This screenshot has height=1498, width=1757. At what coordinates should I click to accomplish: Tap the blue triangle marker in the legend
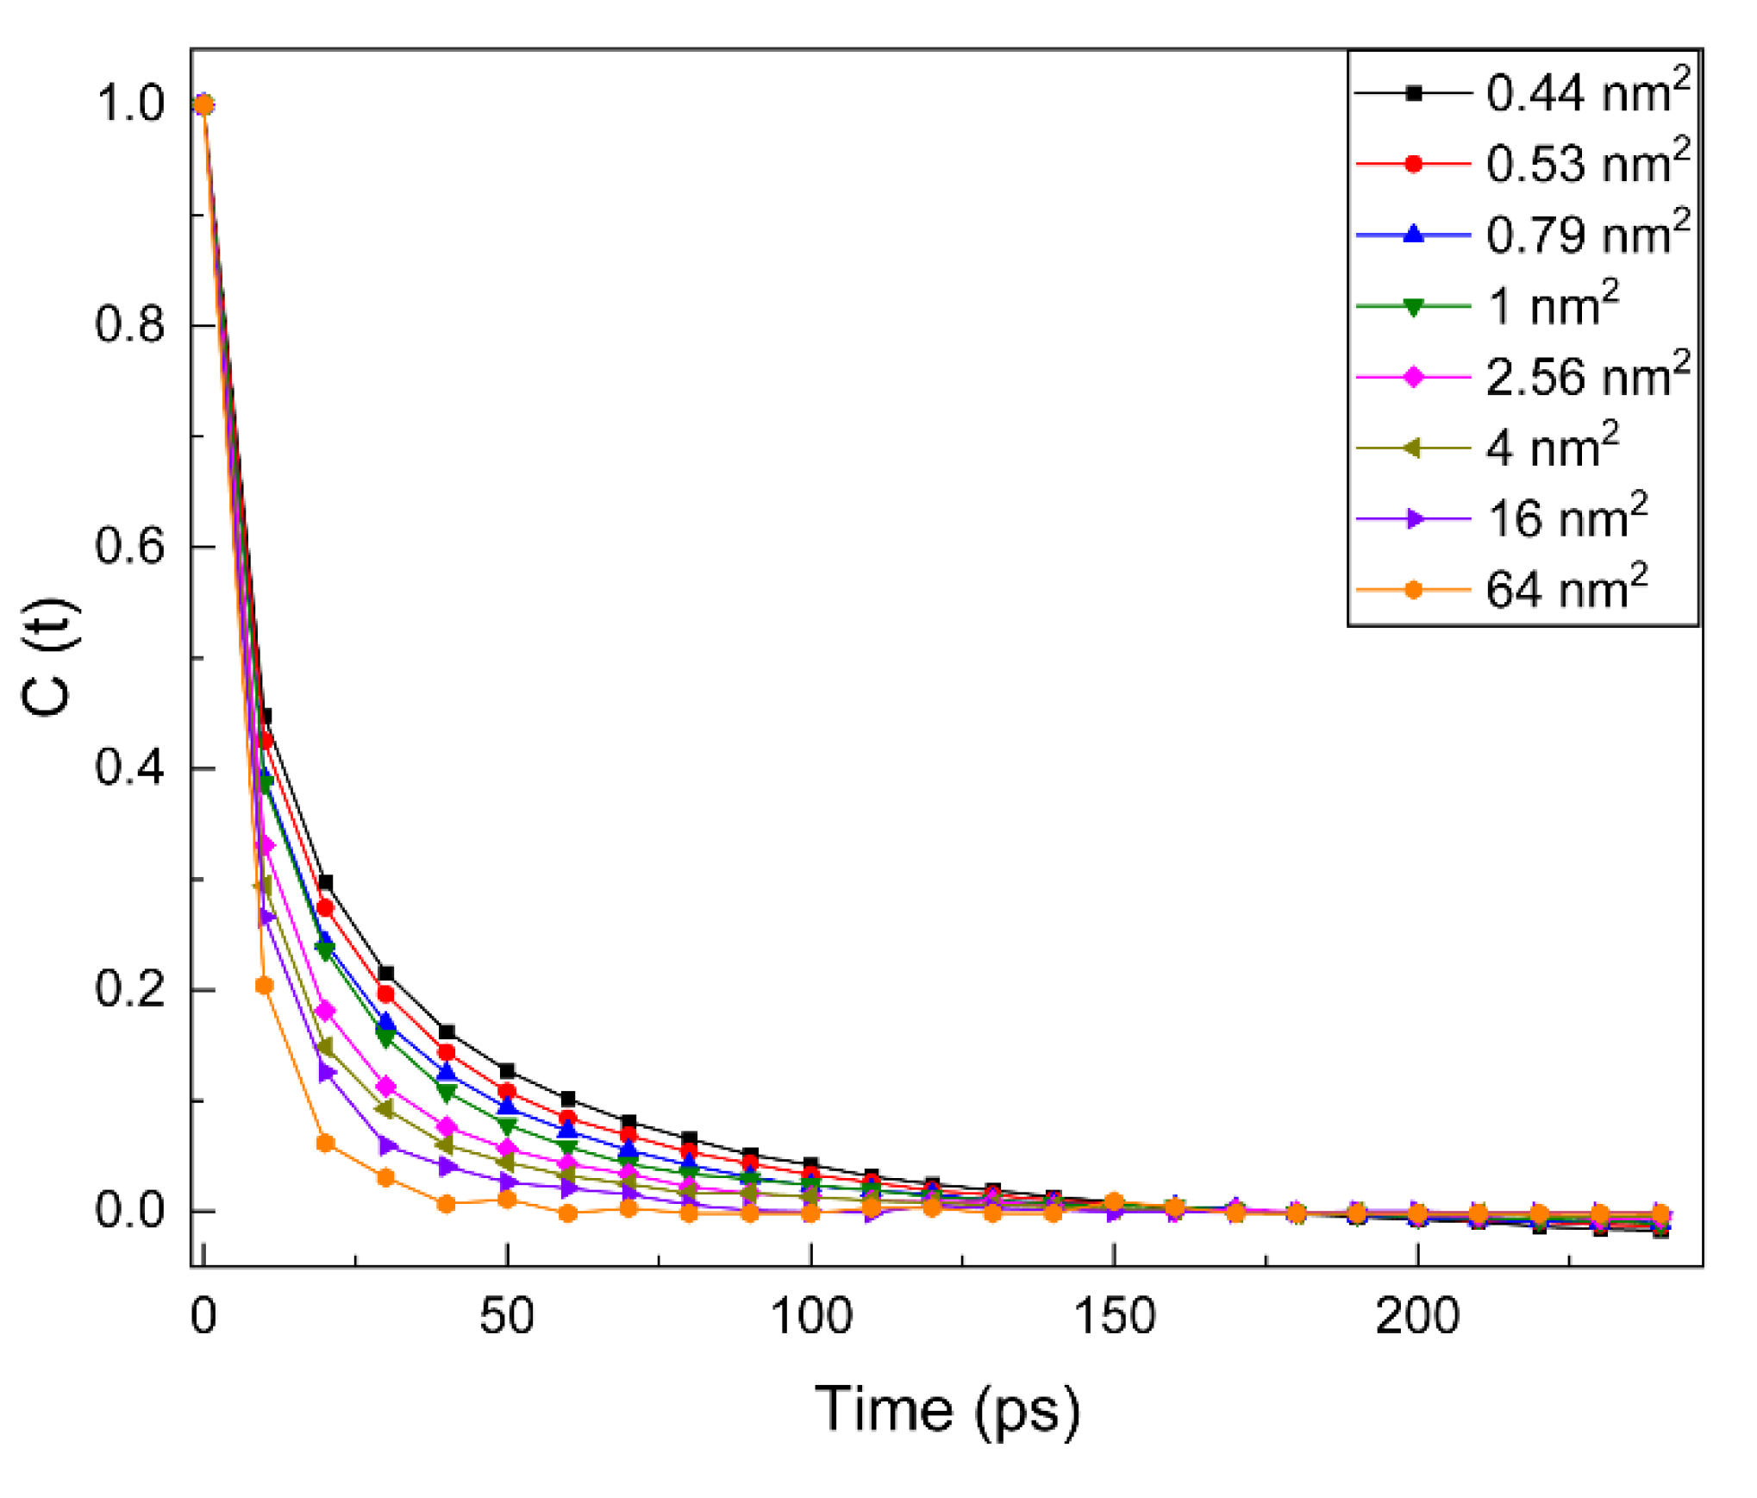point(1412,234)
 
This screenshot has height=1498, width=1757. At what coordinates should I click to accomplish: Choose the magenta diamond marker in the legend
point(1412,377)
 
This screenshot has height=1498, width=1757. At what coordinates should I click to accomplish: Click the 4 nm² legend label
point(1552,448)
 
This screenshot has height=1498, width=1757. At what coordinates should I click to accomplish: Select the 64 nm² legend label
point(1566,590)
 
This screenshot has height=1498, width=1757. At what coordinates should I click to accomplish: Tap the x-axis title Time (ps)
point(946,1409)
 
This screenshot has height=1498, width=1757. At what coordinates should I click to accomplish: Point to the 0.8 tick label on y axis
point(129,325)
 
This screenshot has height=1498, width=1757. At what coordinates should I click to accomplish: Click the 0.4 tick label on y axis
point(129,768)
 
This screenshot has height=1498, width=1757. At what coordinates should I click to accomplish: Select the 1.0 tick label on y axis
point(129,103)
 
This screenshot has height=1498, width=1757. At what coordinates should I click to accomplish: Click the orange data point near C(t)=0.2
point(265,986)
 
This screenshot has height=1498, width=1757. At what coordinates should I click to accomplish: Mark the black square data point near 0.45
point(266,716)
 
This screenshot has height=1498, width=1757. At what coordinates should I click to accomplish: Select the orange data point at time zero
point(203,104)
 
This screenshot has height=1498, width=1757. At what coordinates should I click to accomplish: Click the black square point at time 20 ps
point(325,882)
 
